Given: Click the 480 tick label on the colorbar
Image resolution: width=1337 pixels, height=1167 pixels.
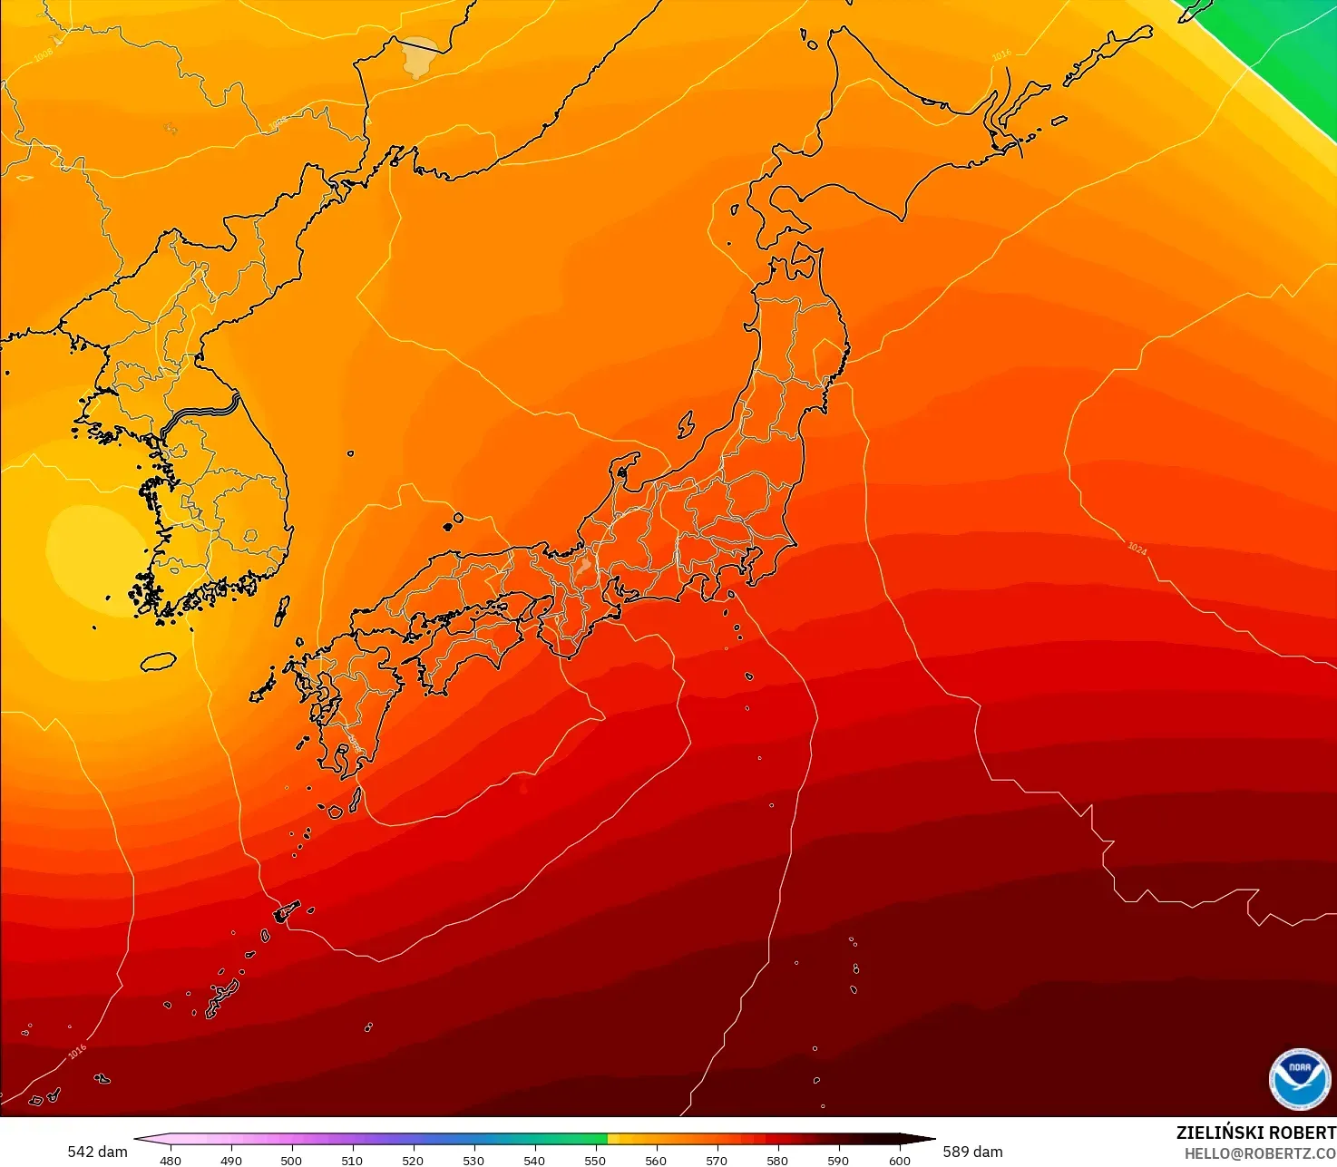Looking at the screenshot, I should tap(170, 1160).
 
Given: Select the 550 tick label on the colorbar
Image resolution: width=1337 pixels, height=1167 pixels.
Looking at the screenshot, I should tap(595, 1160).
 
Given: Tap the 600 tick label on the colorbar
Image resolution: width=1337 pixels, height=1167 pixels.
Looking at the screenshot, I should tap(899, 1160).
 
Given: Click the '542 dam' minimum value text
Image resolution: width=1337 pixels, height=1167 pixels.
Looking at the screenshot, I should tap(97, 1152).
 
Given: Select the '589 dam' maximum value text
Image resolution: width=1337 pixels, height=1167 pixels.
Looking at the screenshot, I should tap(972, 1152).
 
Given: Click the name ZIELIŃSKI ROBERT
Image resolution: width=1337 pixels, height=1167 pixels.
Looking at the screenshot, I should tap(1255, 1133).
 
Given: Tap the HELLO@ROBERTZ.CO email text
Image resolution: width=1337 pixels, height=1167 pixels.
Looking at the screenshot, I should tap(1260, 1153).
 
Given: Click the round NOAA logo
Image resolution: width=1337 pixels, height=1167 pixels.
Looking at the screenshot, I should tap(1300, 1079).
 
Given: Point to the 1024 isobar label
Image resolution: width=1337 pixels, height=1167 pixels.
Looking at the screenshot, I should tap(1137, 549).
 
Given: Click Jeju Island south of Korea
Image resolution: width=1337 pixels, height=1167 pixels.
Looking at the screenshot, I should tap(159, 662).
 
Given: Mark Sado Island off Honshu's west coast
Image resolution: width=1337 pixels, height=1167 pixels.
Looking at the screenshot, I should tap(687, 423).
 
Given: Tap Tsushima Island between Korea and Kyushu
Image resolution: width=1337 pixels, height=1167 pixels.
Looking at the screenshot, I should tap(282, 611).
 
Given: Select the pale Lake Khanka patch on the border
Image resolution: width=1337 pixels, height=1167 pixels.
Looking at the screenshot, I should tap(419, 56).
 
